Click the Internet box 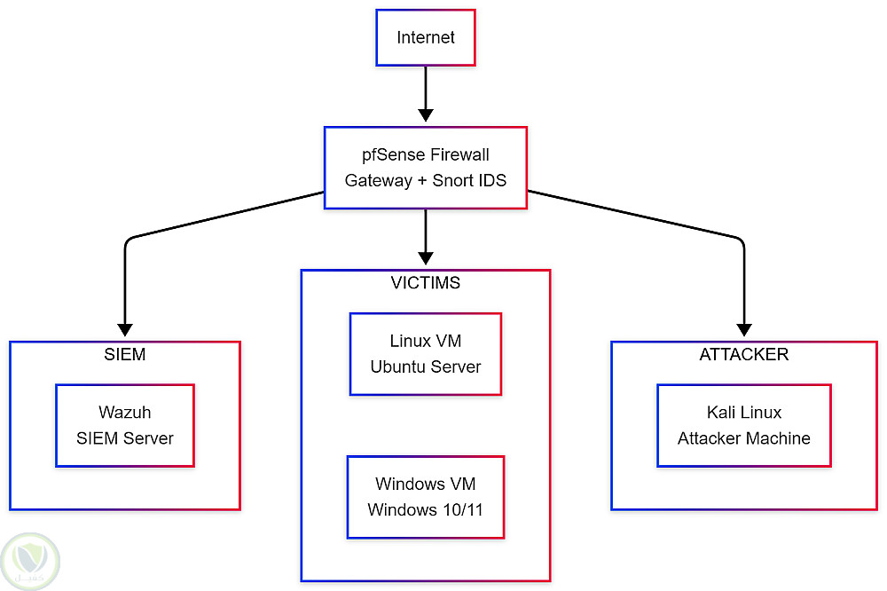point(426,37)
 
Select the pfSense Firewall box point(426,168)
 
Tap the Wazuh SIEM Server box point(124,425)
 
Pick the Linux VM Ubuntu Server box point(426,353)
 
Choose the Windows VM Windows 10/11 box point(426,497)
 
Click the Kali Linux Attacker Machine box point(743,425)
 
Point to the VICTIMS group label point(426,284)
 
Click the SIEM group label point(124,355)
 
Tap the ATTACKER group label point(743,355)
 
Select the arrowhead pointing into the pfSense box point(426,115)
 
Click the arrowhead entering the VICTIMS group point(426,258)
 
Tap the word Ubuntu point(398,366)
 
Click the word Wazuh point(124,413)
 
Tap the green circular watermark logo point(31,560)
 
